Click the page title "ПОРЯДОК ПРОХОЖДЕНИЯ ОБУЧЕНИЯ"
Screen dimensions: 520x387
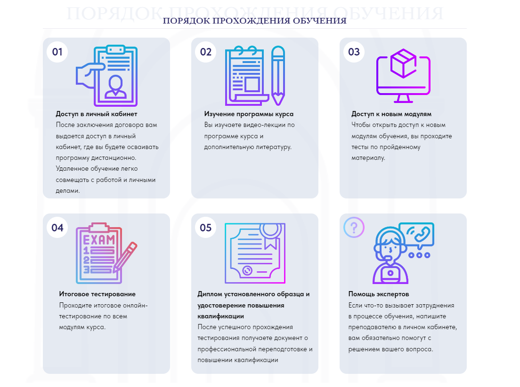coord(254,21)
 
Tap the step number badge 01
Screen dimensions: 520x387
coord(57,52)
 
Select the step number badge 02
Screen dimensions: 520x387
coord(206,52)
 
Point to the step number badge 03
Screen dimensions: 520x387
coord(354,52)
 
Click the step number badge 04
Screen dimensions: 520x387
coord(57,228)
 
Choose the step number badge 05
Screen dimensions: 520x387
coord(206,228)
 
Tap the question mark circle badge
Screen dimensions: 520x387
coord(354,228)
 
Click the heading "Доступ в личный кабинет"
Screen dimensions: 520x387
coord(97,114)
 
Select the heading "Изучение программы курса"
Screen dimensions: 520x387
coord(249,114)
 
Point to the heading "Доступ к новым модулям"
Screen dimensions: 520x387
coord(391,114)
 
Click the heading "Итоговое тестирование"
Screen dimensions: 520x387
coord(97,294)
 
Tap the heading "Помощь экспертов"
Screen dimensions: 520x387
coord(378,294)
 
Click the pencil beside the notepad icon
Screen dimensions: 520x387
coord(278,76)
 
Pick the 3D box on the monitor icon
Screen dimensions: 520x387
coord(403,63)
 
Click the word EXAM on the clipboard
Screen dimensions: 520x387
coord(99,240)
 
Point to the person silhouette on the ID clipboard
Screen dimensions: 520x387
coord(115,87)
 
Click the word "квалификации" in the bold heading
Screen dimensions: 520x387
coord(220,316)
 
